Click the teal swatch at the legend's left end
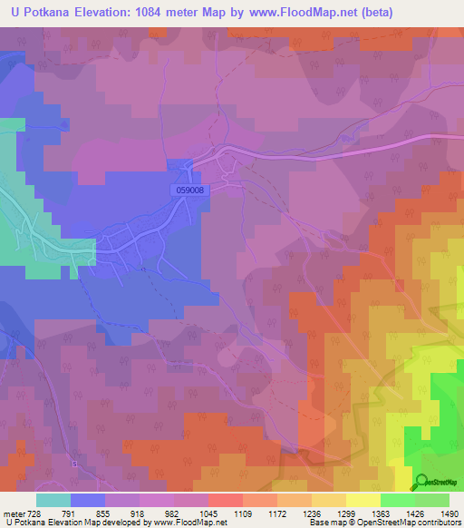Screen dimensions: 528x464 [x=53, y=500]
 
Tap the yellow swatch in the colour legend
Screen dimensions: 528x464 [x=362, y=500]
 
